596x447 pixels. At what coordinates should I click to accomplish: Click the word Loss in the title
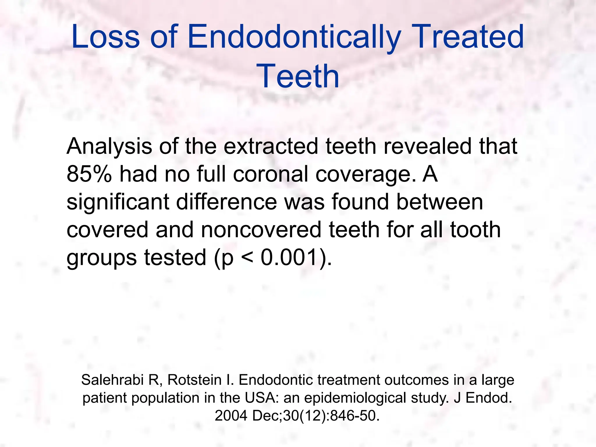[x=105, y=37]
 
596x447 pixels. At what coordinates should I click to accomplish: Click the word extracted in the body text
[x=270, y=146]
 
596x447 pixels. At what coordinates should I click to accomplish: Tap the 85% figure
[x=89, y=174]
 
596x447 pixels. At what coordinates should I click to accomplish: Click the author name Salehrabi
[x=113, y=380]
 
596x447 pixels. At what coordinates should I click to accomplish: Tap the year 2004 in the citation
[x=231, y=416]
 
